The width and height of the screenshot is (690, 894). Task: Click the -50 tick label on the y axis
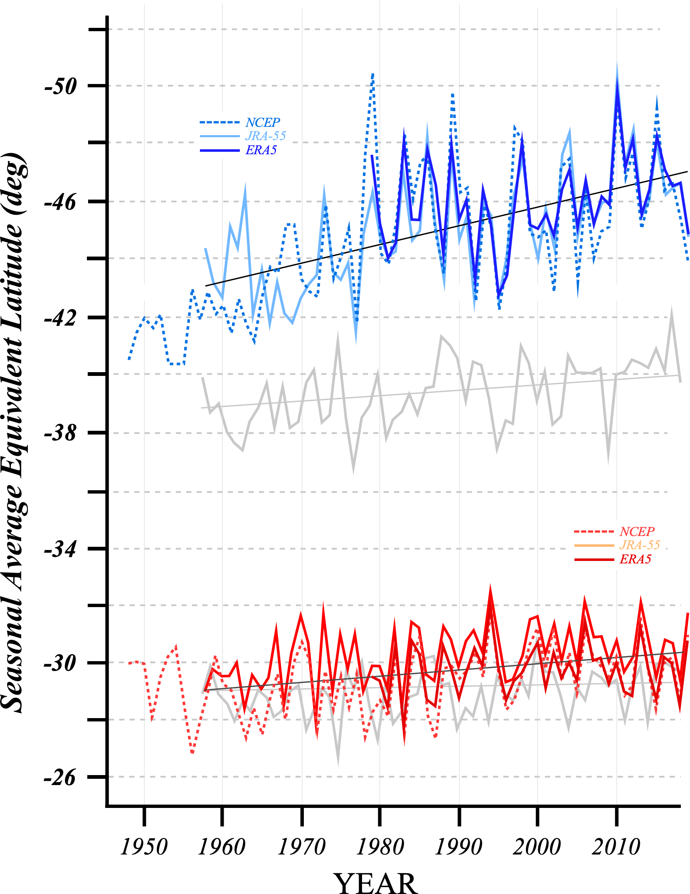coord(61,86)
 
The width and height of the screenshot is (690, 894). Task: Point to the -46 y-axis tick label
coord(61,203)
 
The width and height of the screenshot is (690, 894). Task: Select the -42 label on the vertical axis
coord(61,318)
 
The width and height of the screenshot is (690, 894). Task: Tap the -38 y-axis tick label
coord(61,433)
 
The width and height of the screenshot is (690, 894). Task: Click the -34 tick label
coord(61,549)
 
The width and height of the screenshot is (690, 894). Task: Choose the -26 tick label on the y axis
coord(61,777)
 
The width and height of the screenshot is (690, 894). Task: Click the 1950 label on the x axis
coord(144,847)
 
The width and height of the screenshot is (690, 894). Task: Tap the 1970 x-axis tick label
coord(301,847)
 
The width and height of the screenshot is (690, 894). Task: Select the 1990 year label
coord(458,847)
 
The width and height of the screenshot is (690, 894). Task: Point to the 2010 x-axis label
coord(616,847)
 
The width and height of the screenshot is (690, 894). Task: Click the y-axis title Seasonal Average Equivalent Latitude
coord(14,432)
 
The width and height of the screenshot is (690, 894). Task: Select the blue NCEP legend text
coord(263,123)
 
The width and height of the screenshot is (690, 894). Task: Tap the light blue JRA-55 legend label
coord(266,136)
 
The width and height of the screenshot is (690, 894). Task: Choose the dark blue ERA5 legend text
coord(261,150)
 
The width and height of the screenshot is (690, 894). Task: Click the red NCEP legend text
coord(637,532)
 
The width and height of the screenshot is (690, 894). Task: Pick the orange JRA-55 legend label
coord(640,545)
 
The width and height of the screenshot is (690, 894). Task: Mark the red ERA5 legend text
coord(636,559)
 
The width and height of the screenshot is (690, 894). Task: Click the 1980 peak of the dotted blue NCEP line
coord(373,74)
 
